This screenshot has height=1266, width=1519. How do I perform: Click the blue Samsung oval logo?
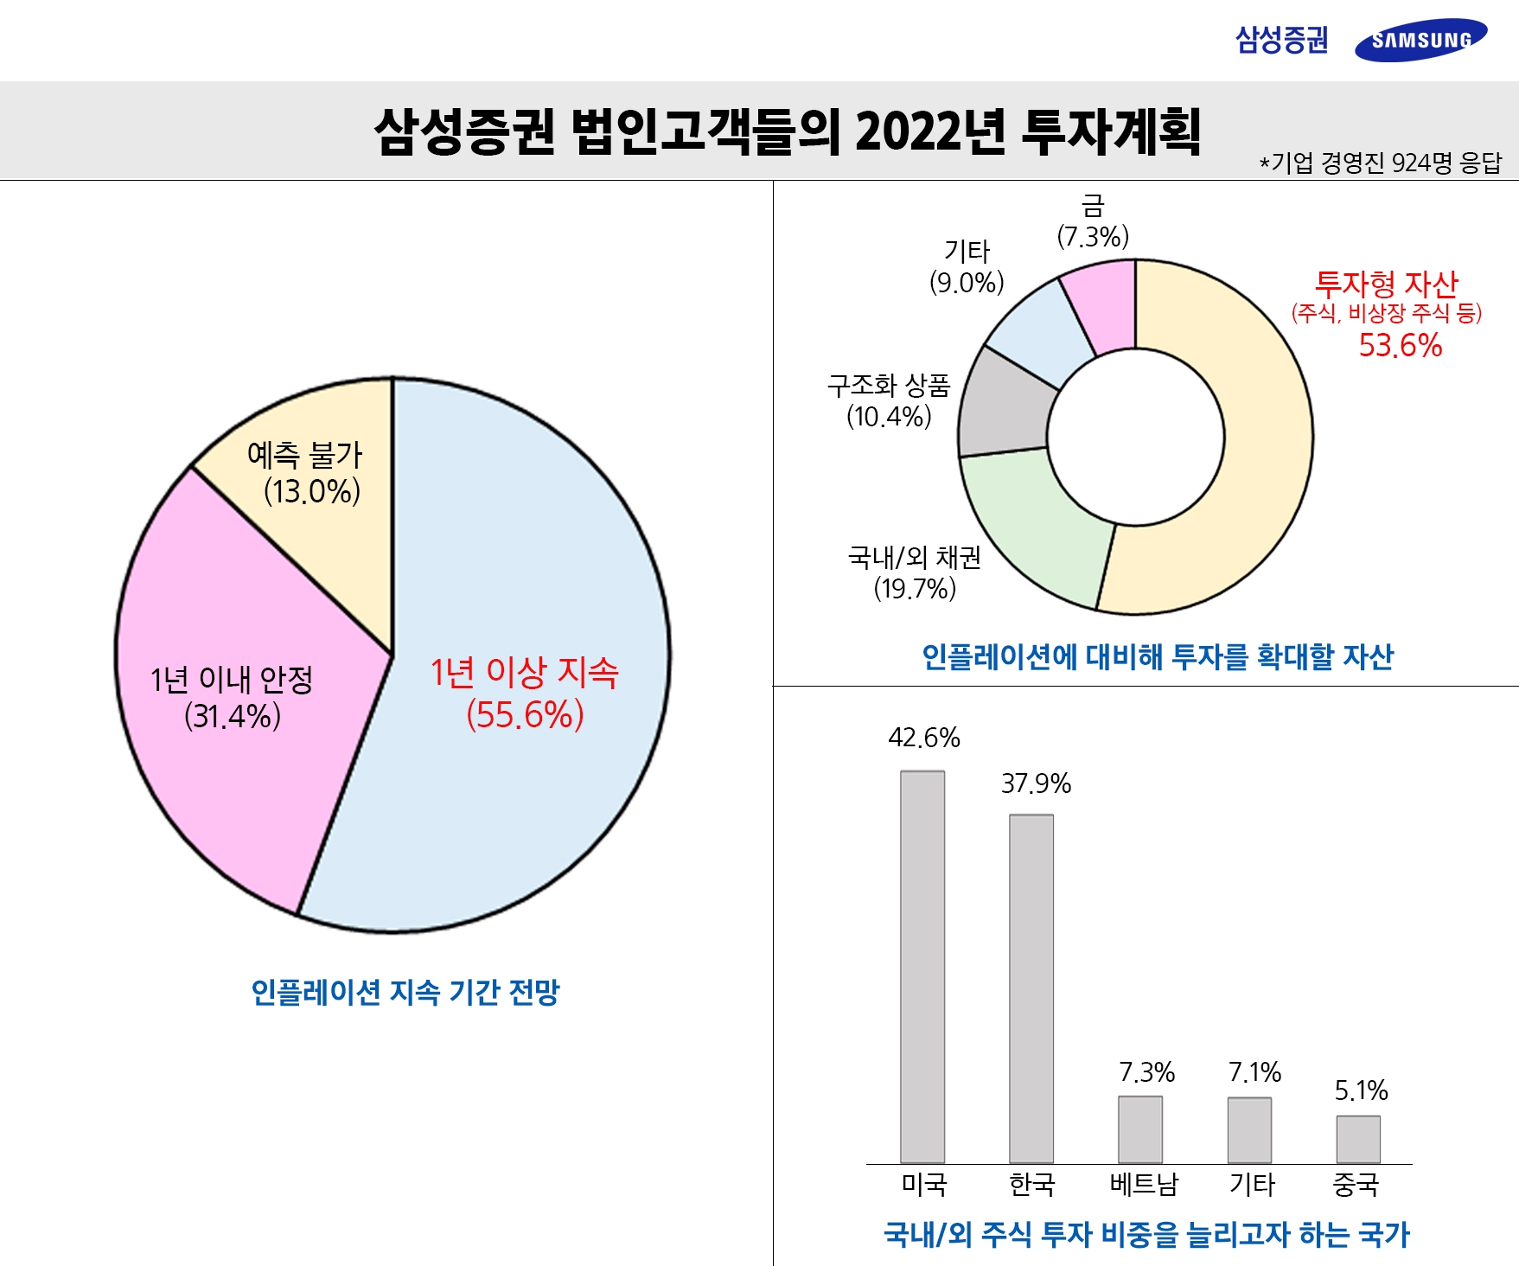(1420, 40)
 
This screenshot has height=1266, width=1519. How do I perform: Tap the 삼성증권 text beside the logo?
(1281, 40)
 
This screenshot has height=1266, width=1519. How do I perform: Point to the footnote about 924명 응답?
(1381, 163)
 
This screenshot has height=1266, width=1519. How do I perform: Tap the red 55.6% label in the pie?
(525, 715)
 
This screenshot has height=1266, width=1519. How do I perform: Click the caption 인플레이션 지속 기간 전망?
(405, 992)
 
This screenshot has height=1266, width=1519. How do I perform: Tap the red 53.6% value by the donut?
(1400, 345)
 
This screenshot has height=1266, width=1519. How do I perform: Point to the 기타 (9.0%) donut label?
(967, 267)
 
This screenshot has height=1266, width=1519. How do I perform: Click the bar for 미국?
(922, 966)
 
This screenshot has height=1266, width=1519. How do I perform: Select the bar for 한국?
(1031, 988)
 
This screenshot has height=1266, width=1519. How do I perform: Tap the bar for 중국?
(1358, 1139)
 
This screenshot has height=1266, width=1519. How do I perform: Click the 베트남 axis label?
(1143, 1184)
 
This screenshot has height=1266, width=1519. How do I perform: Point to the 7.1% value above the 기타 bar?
(1254, 1072)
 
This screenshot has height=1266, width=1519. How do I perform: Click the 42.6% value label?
(923, 738)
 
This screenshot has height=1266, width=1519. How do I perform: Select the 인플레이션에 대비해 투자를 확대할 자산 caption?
(1157, 657)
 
